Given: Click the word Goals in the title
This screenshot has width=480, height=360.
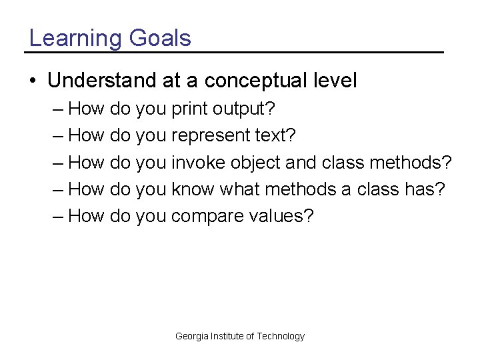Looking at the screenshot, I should click(160, 38).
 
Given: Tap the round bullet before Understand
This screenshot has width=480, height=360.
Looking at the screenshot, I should click(33, 81).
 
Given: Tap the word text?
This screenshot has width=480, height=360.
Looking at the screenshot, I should click(275, 135).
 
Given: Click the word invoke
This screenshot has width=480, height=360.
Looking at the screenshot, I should click(198, 163).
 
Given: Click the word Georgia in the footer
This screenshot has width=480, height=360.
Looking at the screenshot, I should click(191, 336).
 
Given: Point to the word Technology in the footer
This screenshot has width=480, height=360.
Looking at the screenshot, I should click(281, 336).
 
